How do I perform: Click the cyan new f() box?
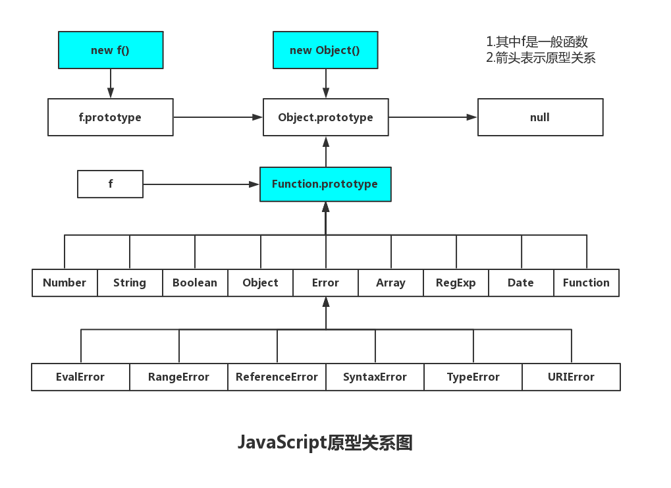pyautogui.click(x=111, y=50)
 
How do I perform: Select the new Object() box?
pyautogui.click(x=325, y=50)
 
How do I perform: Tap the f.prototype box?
pyautogui.click(x=111, y=117)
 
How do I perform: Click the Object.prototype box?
pyautogui.click(x=325, y=117)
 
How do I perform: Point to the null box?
pyautogui.click(x=540, y=117)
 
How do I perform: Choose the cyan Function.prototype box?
pyautogui.click(x=325, y=184)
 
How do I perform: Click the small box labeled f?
pyautogui.click(x=110, y=184)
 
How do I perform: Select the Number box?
pyautogui.click(x=65, y=283)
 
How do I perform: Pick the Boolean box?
pyautogui.click(x=195, y=283)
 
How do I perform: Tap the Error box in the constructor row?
pyautogui.click(x=325, y=283)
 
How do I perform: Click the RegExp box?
pyautogui.click(x=456, y=283)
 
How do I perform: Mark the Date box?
pyautogui.click(x=521, y=283)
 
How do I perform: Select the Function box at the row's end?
pyautogui.click(x=586, y=283)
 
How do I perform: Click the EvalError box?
pyautogui.click(x=80, y=377)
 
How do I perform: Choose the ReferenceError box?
pyautogui.click(x=277, y=377)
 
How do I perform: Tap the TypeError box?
pyautogui.click(x=473, y=377)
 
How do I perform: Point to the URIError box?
pyautogui.click(x=571, y=377)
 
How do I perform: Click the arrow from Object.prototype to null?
pyautogui.click(x=433, y=117)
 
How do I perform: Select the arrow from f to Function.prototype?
pyautogui.click(x=201, y=184)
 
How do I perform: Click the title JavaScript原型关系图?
pyautogui.click(x=325, y=443)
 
